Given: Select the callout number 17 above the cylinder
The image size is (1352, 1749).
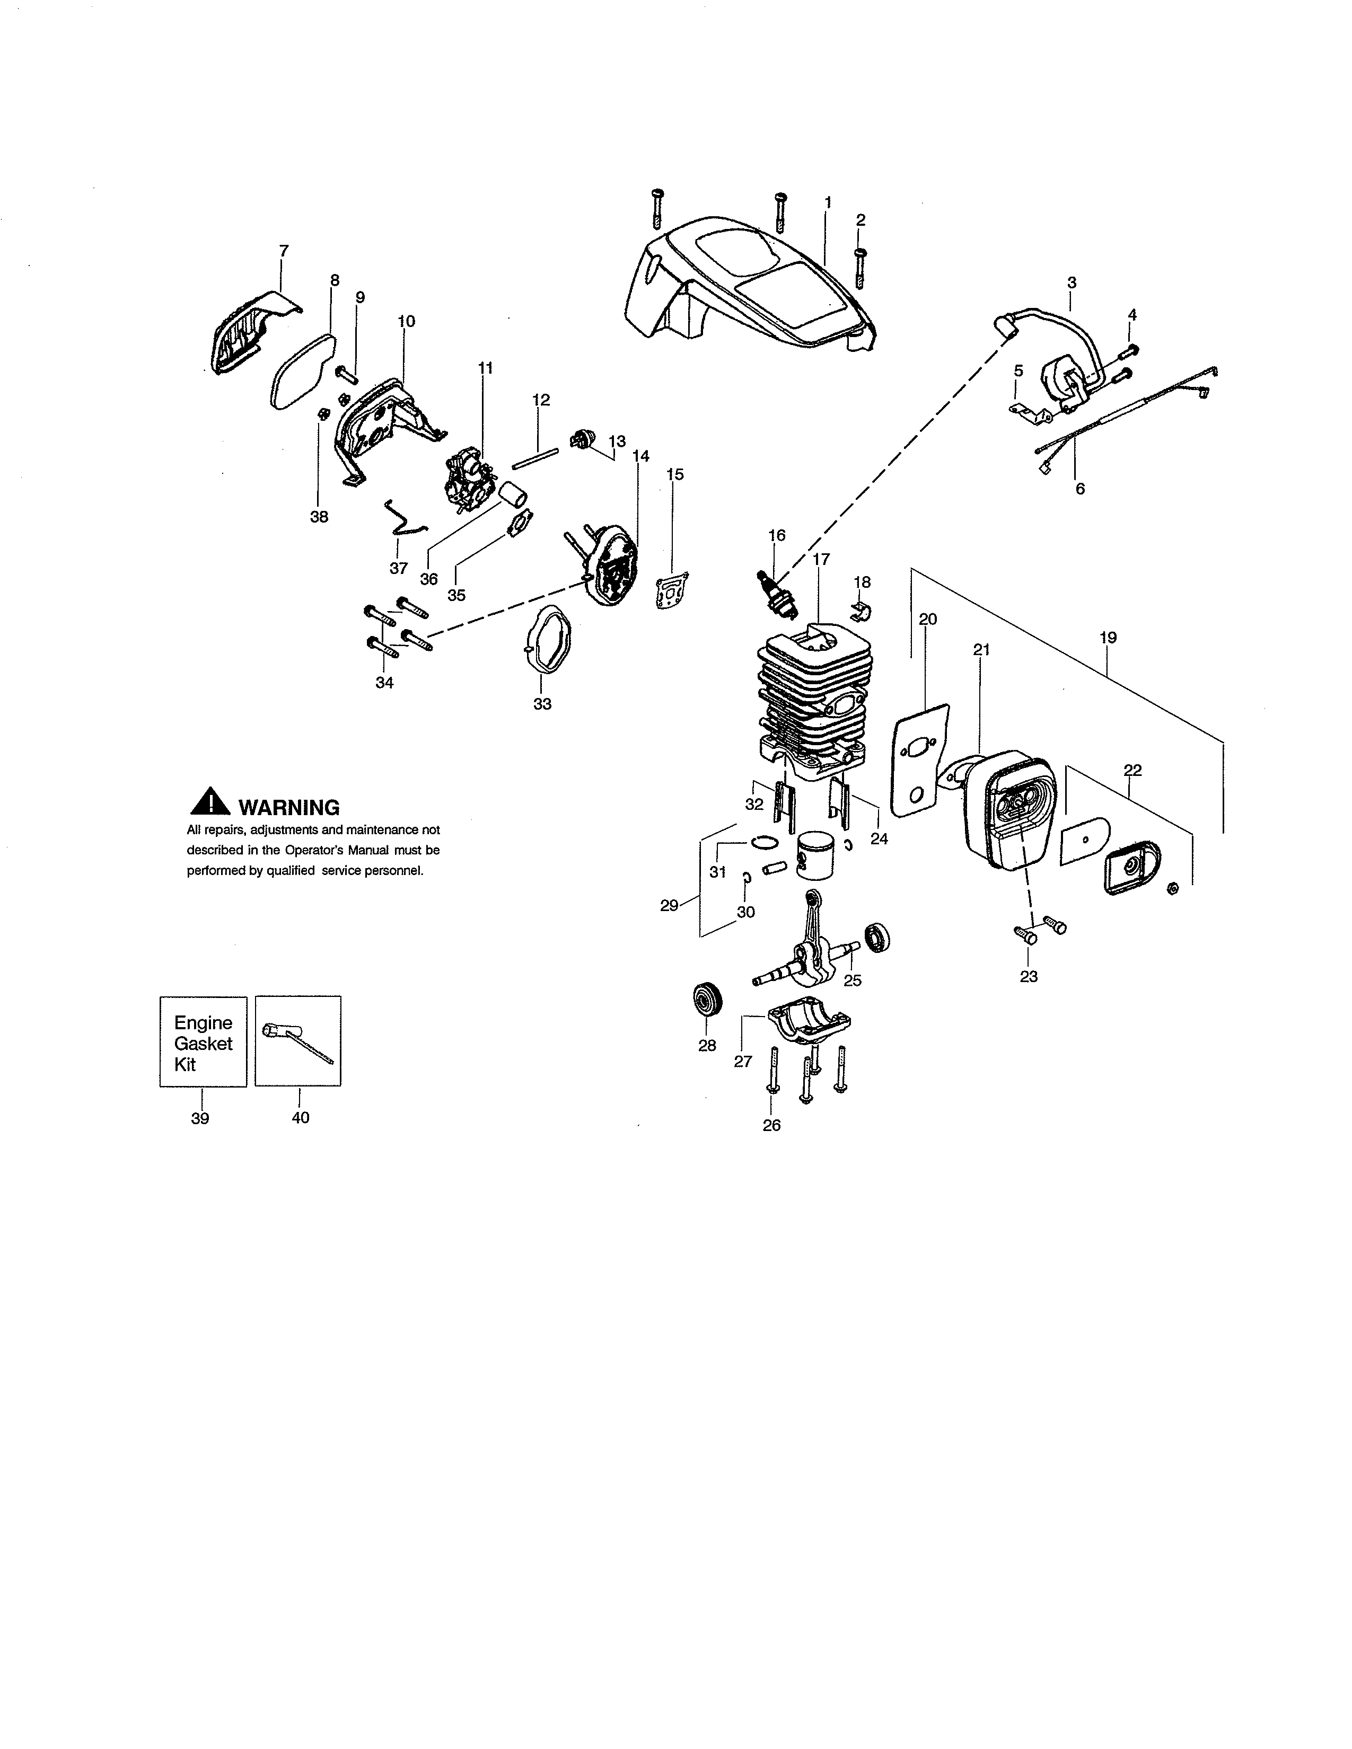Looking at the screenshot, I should pyautogui.click(x=821, y=559).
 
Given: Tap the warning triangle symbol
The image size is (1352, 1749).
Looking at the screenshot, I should pyautogui.click(x=210, y=803).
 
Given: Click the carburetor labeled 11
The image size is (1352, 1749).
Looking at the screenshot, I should pyautogui.click(x=469, y=481).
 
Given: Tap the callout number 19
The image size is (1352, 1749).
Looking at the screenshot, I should pyautogui.click(x=1108, y=638).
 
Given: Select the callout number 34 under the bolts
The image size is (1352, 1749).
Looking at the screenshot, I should pyautogui.click(x=384, y=683).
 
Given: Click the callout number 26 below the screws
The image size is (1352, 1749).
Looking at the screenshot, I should pyautogui.click(x=771, y=1125).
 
